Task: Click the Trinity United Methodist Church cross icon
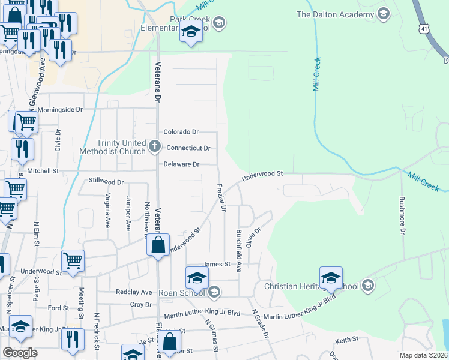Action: click(155, 145)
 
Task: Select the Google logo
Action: click(20, 353)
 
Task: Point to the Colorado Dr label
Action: click(181, 132)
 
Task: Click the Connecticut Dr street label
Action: click(188, 148)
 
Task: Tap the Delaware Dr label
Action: click(181, 164)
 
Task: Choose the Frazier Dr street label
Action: click(221, 197)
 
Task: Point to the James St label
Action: click(217, 264)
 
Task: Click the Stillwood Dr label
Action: click(106, 181)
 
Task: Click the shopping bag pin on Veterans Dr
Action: click(158, 245)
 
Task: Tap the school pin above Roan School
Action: click(196, 278)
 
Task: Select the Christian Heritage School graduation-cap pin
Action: click(331, 278)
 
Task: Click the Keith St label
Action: click(346, 340)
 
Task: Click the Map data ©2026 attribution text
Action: click(423, 355)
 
